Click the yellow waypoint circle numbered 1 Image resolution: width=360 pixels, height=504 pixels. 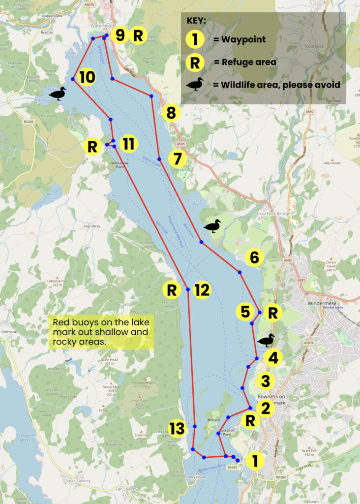pyautogui.click(x=255, y=461)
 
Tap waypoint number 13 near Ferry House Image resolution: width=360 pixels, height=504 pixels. pyautogui.click(x=177, y=428)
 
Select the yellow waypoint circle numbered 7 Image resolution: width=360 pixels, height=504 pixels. pyautogui.click(x=178, y=159)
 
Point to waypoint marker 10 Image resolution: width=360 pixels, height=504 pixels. pyautogui.click(x=87, y=77)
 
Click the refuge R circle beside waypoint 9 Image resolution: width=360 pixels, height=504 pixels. pyautogui.click(x=139, y=35)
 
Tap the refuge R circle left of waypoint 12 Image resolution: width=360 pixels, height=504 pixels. pyautogui.click(x=172, y=289)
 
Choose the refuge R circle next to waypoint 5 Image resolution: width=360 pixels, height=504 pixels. pyautogui.click(x=273, y=312)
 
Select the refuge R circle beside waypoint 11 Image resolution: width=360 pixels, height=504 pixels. pyautogui.click(x=92, y=146)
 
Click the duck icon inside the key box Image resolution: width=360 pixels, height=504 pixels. pyautogui.click(x=195, y=84)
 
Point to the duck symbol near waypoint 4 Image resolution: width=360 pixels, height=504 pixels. pyautogui.click(x=266, y=340)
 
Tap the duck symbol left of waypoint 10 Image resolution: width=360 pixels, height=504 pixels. pyautogui.click(x=58, y=93)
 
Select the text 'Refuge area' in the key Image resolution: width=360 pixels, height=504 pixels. pyautogui.click(x=244, y=62)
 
